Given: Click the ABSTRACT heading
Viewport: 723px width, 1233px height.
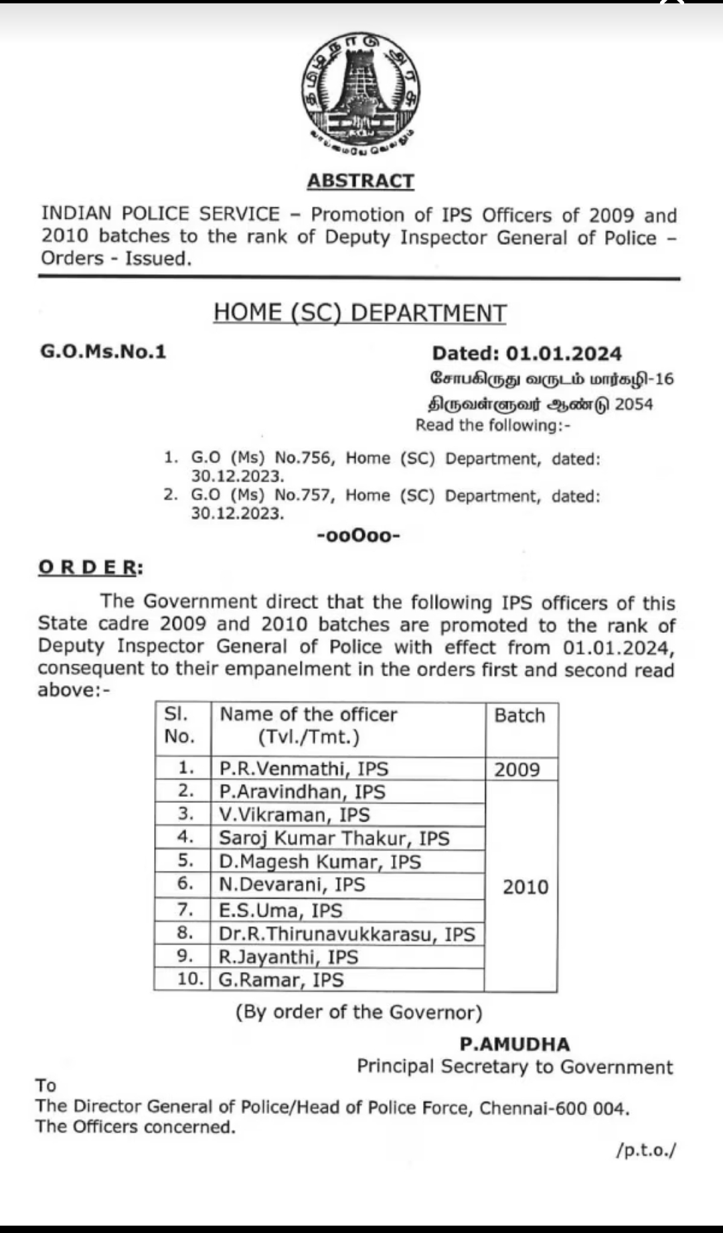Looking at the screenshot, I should click(x=361, y=181).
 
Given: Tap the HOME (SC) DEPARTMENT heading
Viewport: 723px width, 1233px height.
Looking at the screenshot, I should click(x=360, y=312).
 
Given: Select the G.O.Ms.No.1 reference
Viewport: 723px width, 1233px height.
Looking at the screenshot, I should click(x=103, y=352).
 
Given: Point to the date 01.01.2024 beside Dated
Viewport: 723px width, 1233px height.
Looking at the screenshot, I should click(x=564, y=353).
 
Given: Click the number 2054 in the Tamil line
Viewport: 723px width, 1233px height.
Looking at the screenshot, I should click(x=633, y=404).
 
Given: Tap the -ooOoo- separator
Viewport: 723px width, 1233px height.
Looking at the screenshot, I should click(x=358, y=535).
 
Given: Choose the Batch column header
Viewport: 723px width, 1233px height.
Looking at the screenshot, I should click(x=519, y=716).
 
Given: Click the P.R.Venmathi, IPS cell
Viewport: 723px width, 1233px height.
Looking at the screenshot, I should click(x=305, y=769).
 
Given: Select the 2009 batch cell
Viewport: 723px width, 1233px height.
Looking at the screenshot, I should click(x=517, y=769).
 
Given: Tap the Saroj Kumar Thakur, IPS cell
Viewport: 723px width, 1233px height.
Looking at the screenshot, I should click(x=334, y=838).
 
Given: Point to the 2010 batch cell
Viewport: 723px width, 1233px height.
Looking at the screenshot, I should click(x=525, y=887).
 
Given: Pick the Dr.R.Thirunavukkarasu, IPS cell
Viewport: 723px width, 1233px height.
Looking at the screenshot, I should click(x=347, y=934).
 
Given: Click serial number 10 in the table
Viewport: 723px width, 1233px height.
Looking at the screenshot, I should click(x=189, y=979).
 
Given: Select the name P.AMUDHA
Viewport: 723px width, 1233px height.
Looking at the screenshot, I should click(x=515, y=1044).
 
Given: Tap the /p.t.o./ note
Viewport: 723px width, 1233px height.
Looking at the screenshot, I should click(x=646, y=1151).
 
